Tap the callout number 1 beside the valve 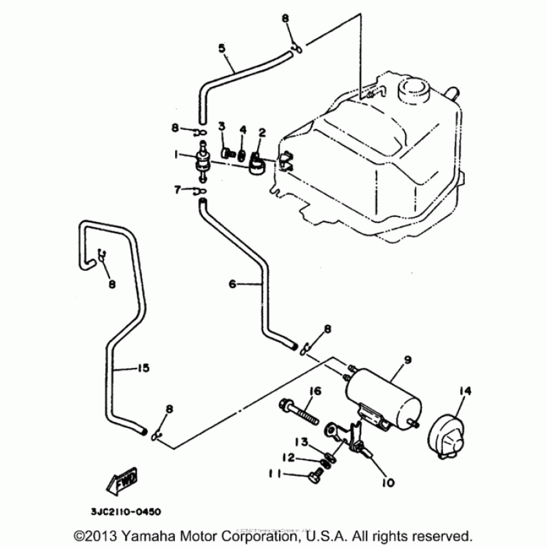click(176, 155)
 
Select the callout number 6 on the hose click(232, 284)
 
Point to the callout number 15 click(143, 369)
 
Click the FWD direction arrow click(120, 483)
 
